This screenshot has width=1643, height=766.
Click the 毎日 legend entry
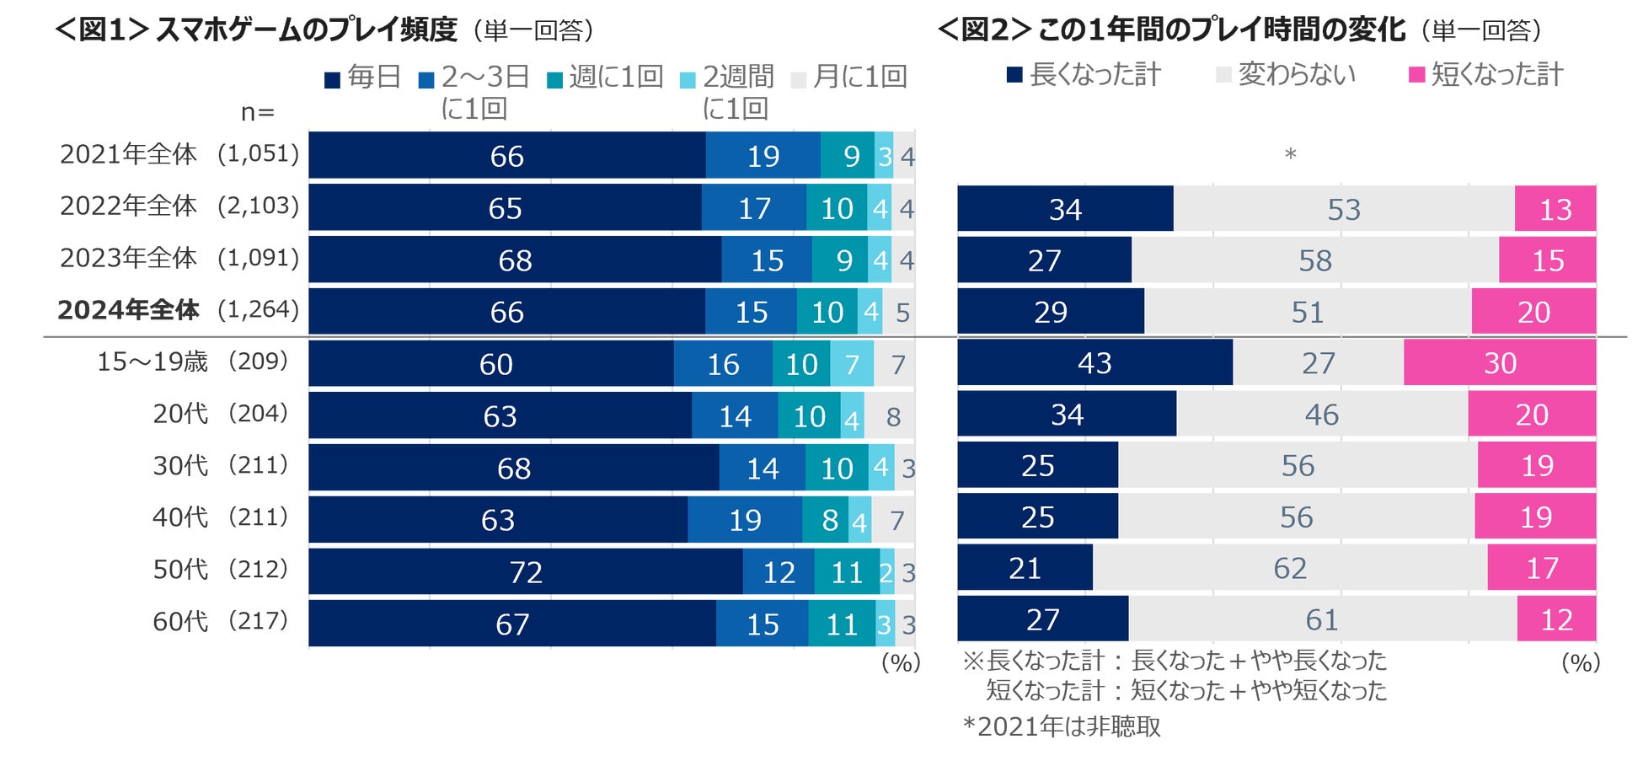click(x=363, y=78)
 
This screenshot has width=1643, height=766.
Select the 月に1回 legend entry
click(x=850, y=78)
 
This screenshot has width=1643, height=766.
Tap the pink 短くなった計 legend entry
click(x=1486, y=75)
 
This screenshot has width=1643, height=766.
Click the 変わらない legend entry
click(x=1287, y=75)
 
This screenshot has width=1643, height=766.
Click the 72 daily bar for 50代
click(x=526, y=572)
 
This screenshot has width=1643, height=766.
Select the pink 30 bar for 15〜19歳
click(x=1500, y=363)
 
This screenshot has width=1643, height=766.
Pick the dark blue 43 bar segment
click(x=1094, y=363)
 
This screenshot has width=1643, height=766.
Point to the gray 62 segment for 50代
click(x=1290, y=568)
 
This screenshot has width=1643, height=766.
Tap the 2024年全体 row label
click(x=128, y=310)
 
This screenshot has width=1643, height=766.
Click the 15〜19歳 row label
click(x=152, y=362)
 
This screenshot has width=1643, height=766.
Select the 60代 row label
click(x=179, y=622)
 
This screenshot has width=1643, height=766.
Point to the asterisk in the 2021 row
click(x=1290, y=155)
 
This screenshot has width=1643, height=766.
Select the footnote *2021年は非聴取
click(x=1062, y=726)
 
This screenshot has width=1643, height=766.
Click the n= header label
click(x=258, y=112)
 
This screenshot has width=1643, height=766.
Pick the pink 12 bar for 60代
click(x=1556, y=620)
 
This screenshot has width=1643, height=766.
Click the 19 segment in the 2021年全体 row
click(x=763, y=156)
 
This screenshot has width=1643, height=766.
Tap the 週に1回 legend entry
click(x=606, y=78)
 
